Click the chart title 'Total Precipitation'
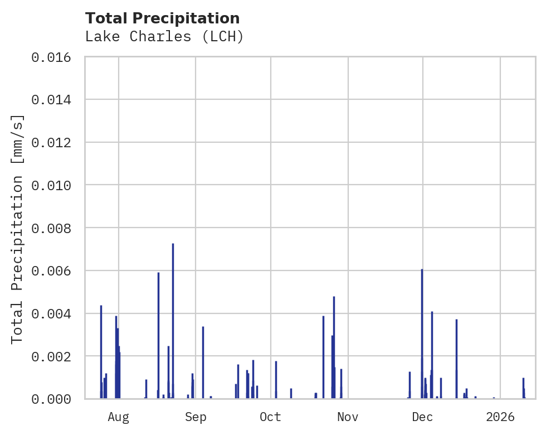[163, 18]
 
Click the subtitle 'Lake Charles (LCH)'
[164, 37]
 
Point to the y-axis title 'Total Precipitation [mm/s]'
[18, 228]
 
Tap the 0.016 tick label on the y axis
[55, 57]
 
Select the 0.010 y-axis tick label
[55, 185]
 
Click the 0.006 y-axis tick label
[55, 271]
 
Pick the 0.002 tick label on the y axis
[55, 356]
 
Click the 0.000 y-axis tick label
[55, 399]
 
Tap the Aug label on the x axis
[119, 417]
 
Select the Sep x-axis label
[196, 417]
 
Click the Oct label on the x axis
[270, 417]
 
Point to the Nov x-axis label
[348, 417]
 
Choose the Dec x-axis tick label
[422, 417]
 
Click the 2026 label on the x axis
[500, 417]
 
